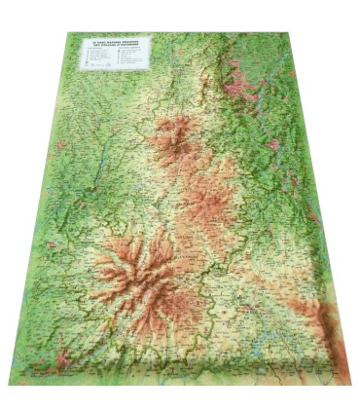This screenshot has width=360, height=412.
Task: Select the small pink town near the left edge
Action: point(60,146)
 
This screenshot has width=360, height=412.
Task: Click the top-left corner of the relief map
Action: point(68,33)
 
